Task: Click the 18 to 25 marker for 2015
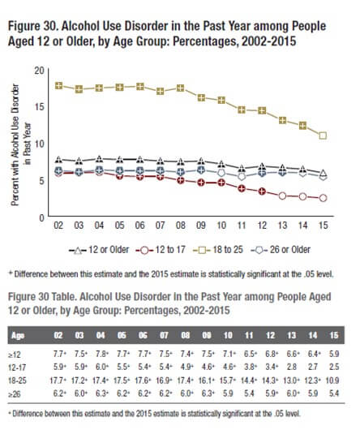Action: tap(323, 135)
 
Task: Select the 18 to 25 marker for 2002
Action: tap(58, 85)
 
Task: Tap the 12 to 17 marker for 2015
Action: tap(323, 198)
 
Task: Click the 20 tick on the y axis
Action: tap(40, 71)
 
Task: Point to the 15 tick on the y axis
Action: tap(40, 108)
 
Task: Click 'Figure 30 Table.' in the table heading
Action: tap(48, 298)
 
